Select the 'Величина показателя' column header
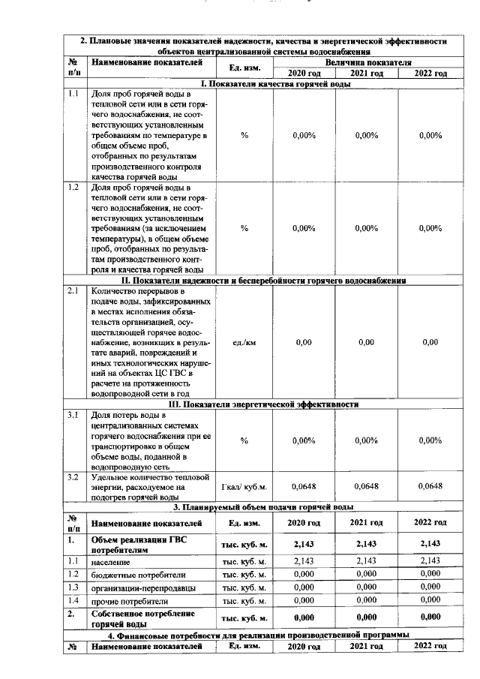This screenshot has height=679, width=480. click(x=368, y=62)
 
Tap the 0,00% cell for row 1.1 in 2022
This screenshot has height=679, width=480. click(x=430, y=136)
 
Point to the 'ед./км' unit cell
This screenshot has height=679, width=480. click(x=244, y=342)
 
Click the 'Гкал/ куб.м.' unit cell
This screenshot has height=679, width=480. click(x=244, y=486)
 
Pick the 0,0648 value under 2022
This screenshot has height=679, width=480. click(x=430, y=486)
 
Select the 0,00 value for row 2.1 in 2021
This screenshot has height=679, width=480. click(x=366, y=342)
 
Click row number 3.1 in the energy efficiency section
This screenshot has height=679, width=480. click(x=73, y=415)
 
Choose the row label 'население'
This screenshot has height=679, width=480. click(x=109, y=560)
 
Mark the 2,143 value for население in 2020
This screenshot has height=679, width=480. click(x=303, y=560)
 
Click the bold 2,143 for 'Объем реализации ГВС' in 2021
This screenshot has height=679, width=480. click(x=366, y=543)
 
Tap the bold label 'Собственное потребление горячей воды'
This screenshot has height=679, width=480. click(x=139, y=618)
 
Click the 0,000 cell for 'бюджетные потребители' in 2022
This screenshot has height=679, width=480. click(x=430, y=574)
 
